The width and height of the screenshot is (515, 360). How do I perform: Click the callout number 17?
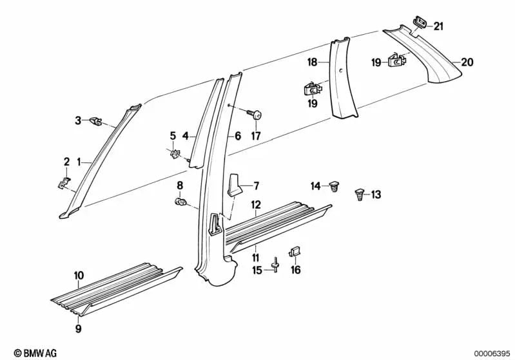tap(255, 136)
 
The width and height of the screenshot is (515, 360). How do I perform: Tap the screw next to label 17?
tap(255, 115)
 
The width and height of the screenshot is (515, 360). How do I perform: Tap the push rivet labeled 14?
tap(334, 187)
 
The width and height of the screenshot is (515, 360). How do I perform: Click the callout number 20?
tap(467, 62)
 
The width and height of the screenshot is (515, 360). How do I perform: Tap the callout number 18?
tap(313, 62)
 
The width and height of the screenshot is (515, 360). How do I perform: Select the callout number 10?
tap(78, 276)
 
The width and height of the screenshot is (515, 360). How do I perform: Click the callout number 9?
tap(78, 310)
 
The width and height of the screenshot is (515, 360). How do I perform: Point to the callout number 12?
tap(255, 205)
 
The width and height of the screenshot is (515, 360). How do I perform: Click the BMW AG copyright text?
tap(31, 352)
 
